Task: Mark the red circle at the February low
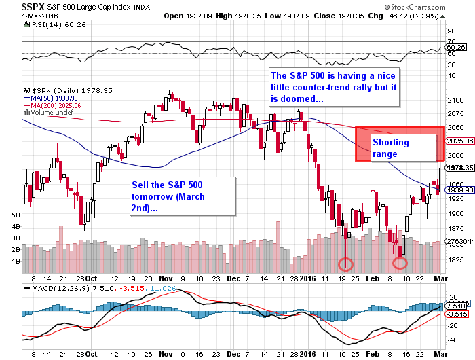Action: [x=400, y=262]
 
